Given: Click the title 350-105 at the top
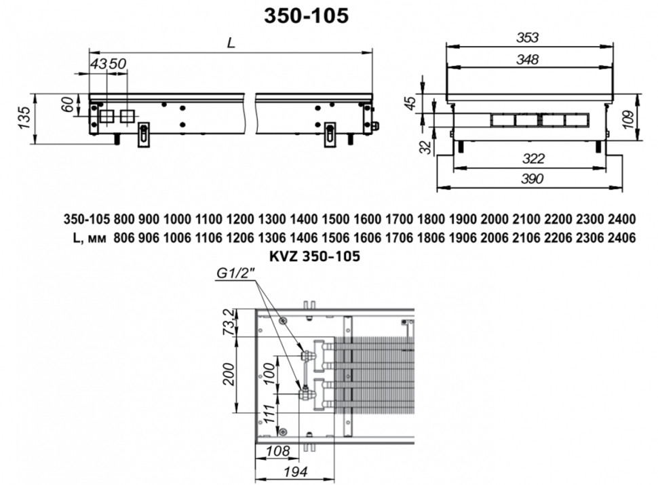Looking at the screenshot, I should [306, 16].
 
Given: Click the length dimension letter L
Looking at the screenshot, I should [231, 42].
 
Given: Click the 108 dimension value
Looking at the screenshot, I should [276, 451].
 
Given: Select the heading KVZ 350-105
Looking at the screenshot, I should [315, 256].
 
